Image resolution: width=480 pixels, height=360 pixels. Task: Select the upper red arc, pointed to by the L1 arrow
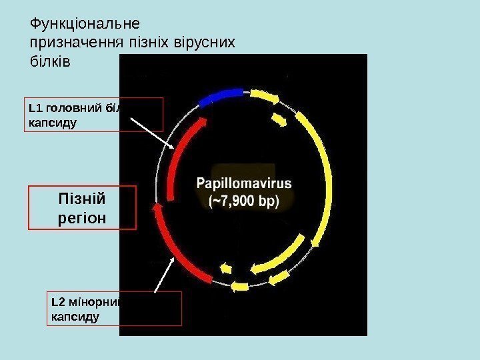pyautogui.click(x=180, y=157)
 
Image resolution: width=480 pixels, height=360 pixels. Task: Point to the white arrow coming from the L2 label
pyautogui.click(x=165, y=274)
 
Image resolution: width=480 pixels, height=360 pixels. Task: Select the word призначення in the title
pyautogui.click(x=75, y=43)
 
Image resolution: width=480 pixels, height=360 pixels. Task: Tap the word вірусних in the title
pyautogui.click(x=206, y=43)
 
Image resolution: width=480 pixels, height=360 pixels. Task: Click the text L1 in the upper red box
pyautogui.click(x=35, y=108)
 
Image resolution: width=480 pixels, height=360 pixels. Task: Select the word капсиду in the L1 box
pyautogui.click(x=51, y=123)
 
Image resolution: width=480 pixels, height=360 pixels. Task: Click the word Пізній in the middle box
pyautogui.click(x=83, y=199)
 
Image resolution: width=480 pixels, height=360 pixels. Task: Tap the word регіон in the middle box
pyautogui.click(x=83, y=217)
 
